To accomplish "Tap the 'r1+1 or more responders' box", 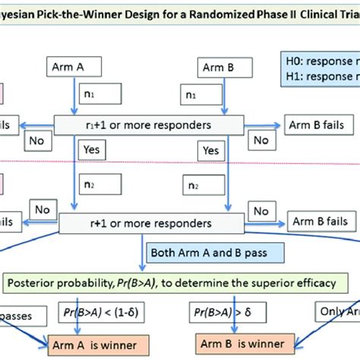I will point(149,122).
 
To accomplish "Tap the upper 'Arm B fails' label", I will point(311,122).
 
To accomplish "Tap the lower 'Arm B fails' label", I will point(319,220).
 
